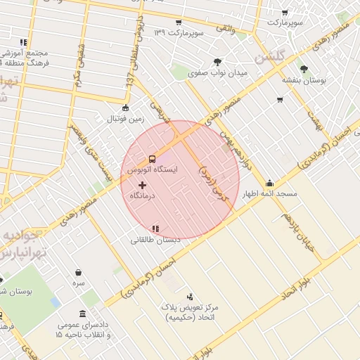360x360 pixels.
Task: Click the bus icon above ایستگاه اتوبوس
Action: click(152, 159)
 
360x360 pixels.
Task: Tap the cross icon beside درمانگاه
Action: click(143, 184)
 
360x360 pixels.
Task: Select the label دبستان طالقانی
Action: click(155, 239)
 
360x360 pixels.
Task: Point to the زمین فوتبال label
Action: click(125, 119)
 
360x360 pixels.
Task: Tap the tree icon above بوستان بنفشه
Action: click(304, 69)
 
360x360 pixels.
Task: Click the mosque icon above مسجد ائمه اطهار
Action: click(270, 183)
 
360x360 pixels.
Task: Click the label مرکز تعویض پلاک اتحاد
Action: click(191, 313)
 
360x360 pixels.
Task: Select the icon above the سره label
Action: click(79, 272)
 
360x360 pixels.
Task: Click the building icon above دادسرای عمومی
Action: click(84, 314)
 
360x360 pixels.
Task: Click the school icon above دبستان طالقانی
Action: click(155, 229)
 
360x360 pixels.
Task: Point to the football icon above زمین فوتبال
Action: click(125, 108)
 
